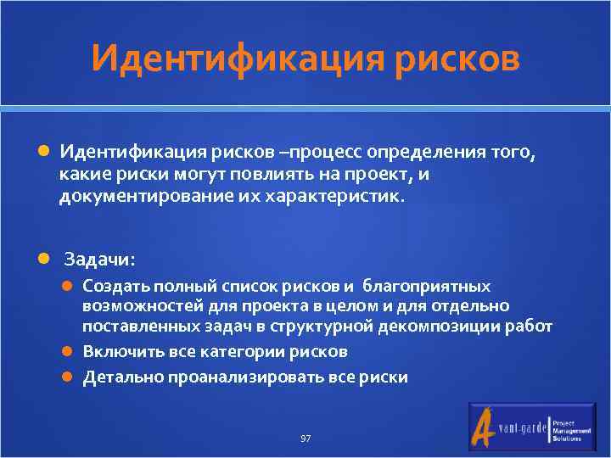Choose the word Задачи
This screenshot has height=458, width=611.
[x=98, y=258]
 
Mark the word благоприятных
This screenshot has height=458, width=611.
[x=434, y=287]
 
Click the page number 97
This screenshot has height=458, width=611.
[x=305, y=438]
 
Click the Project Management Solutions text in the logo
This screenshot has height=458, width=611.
[x=568, y=429]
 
